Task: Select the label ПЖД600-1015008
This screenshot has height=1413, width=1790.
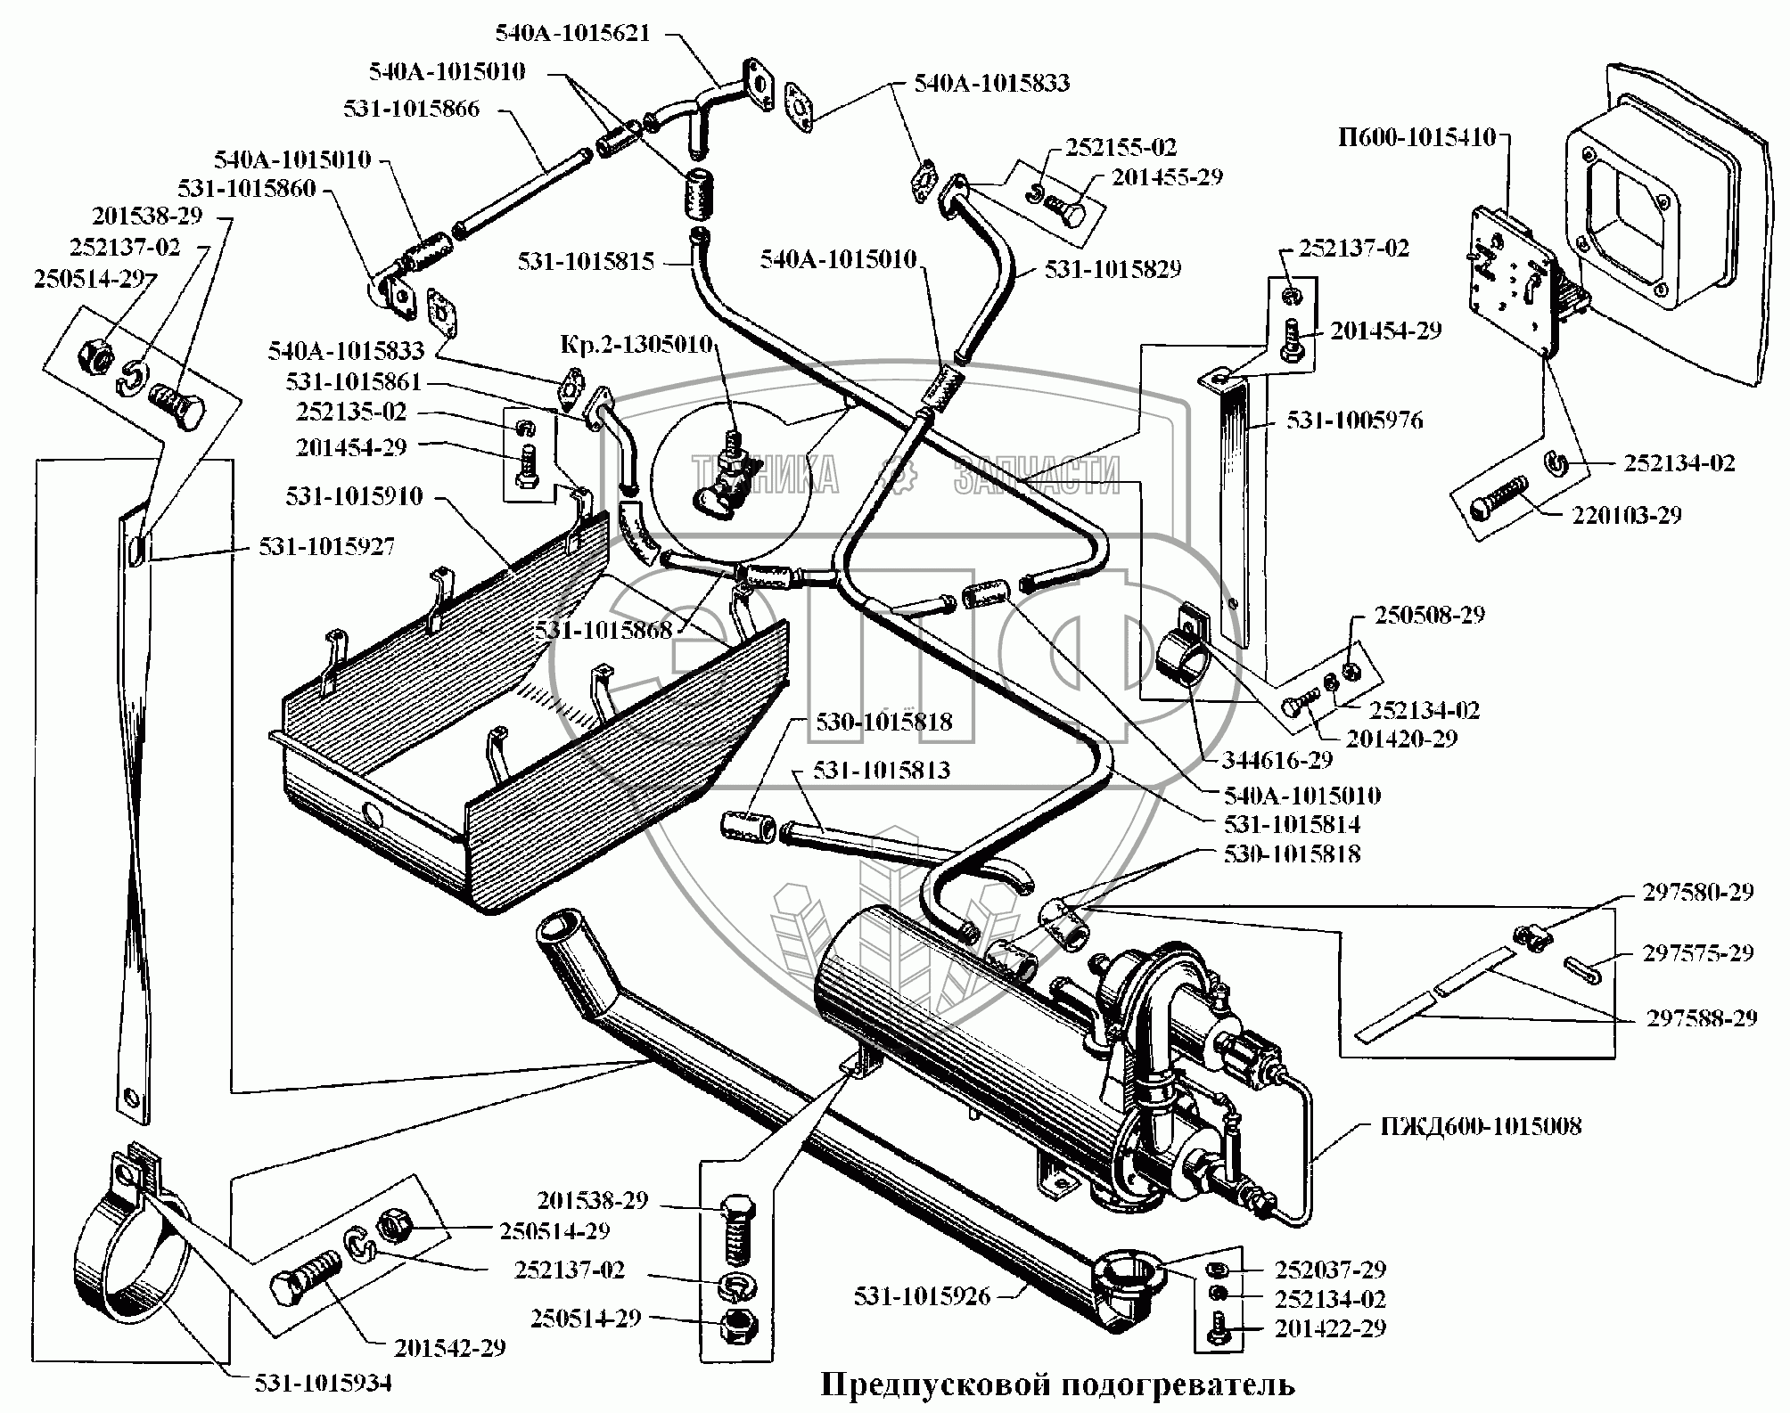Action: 1481,1125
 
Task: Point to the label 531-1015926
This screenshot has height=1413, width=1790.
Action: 922,1295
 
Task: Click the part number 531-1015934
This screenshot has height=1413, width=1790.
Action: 322,1382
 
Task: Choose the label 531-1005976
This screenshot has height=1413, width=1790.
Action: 1354,420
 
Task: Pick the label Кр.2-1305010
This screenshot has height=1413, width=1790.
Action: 636,344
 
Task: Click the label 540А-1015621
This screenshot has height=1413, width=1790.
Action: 573,33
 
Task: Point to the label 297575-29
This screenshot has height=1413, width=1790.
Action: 1698,952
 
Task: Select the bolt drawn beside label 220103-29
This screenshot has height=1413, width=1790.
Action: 1506,496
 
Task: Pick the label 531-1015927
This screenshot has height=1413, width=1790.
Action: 326,545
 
